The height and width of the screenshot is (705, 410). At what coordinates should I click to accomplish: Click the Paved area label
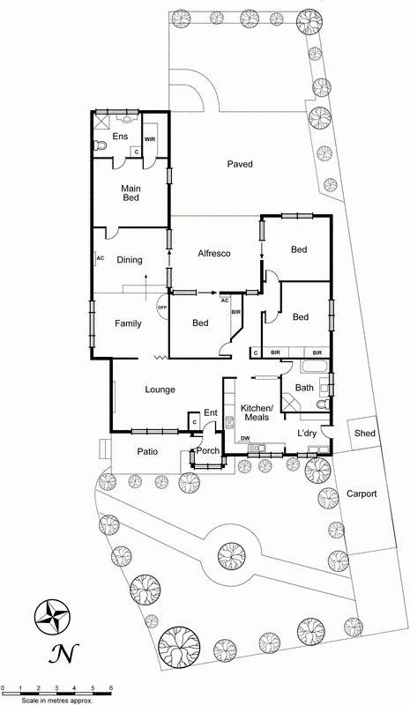240,164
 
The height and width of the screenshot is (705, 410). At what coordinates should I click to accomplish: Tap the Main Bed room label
131,192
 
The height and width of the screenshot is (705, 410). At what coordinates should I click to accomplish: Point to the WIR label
151,139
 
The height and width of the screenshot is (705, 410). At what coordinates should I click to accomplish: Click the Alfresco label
214,254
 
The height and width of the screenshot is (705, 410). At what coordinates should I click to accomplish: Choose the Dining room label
130,260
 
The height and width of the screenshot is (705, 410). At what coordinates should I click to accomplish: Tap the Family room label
128,323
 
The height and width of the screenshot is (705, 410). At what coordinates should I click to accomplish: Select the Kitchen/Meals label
258,412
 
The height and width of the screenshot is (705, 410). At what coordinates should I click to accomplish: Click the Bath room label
304,388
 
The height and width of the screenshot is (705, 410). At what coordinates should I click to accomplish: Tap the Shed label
364,433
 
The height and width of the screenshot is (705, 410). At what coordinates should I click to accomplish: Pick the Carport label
362,494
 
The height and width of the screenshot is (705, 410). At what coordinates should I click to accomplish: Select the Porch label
207,451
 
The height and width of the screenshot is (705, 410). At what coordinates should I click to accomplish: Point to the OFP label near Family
162,307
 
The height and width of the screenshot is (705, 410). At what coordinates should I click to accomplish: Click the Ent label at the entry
211,412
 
